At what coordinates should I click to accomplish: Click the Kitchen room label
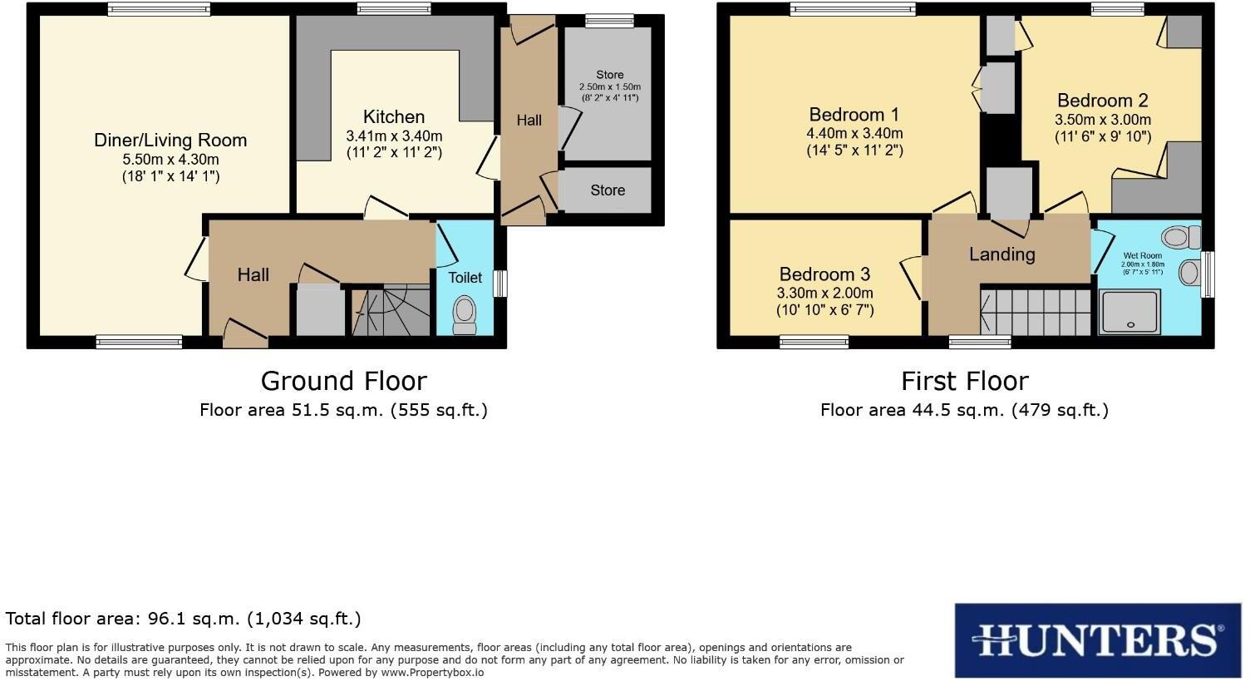tap(394, 117)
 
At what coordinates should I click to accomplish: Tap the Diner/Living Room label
tap(170, 141)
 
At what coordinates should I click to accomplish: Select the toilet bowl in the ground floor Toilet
tap(465, 314)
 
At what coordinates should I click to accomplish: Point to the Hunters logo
tap(1098, 640)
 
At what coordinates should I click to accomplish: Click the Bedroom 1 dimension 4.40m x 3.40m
tap(854, 133)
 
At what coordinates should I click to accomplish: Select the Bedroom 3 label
tap(824, 274)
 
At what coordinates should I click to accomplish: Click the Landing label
tap(1001, 254)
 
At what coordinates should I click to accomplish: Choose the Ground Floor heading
tap(343, 381)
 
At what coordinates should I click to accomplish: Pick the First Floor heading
tap(964, 381)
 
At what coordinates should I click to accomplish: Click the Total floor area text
tap(183, 619)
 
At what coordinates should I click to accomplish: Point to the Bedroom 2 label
tap(1101, 101)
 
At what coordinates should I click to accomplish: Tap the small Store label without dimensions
tap(607, 190)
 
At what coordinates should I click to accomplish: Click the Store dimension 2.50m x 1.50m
tap(609, 86)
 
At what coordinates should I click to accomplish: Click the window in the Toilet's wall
tap(500, 284)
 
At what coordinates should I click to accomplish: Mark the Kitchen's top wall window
tap(394, 9)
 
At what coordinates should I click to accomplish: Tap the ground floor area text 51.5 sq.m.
tap(343, 410)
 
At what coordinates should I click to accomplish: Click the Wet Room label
tap(1142, 255)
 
